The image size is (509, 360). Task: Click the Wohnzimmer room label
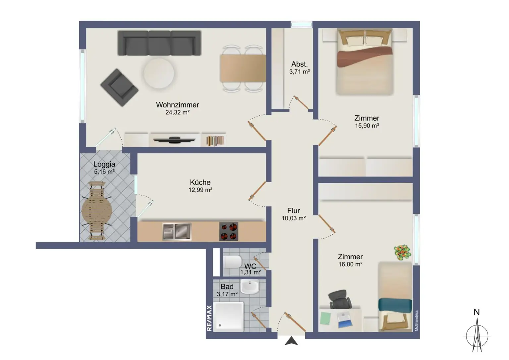click(x=177, y=105)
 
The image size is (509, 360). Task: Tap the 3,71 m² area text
click(x=300, y=72)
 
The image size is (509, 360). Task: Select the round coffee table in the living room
click(x=159, y=73)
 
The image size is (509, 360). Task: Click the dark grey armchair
click(x=119, y=87)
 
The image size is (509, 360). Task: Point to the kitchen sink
click(x=177, y=231)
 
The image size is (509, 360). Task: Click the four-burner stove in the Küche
click(x=229, y=231)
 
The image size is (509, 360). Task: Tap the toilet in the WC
click(x=232, y=262)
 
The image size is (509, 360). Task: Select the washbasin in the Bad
click(x=249, y=287)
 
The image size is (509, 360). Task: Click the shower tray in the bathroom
click(x=228, y=316)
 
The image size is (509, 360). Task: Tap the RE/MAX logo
click(x=209, y=318)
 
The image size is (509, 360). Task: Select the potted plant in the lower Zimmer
click(x=403, y=252)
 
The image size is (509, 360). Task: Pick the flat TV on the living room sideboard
click(x=172, y=140)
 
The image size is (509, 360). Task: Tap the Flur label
click(x=294, y=210)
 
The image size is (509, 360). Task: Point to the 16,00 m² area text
click(x=350, y=264)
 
